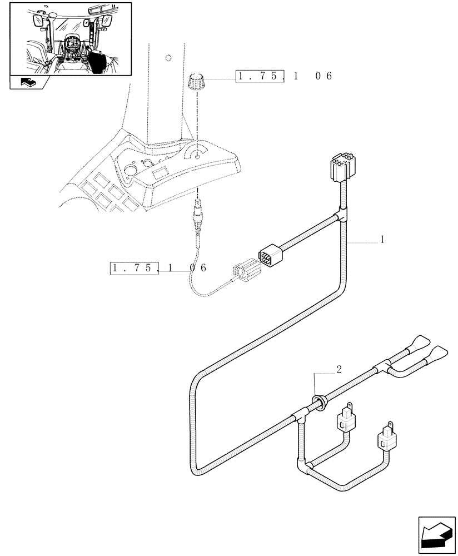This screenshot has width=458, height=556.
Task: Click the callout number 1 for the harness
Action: pos(382,240)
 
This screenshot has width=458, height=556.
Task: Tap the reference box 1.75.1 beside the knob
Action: pos(260,76)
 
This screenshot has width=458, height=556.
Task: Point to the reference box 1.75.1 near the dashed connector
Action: pos(135,268)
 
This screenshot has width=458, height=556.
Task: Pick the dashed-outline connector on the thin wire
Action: pos(245,272)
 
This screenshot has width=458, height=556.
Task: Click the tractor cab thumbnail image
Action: pos(71,39)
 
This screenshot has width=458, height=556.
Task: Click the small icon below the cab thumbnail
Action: pos(28,82)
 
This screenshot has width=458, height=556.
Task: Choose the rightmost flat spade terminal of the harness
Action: pos(439,353)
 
